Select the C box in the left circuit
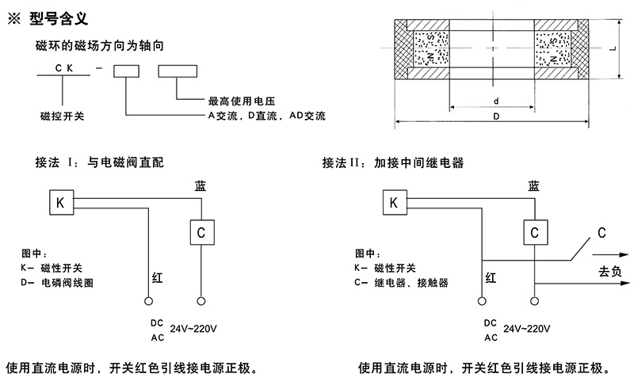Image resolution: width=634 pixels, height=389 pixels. coord(201,232)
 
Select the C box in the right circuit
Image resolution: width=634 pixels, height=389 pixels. coord(535,232)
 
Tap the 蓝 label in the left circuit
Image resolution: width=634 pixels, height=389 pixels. coord(201,185)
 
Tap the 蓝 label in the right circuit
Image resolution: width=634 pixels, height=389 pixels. coord(535,185)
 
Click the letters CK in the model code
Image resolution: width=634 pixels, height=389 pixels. coord(64,69)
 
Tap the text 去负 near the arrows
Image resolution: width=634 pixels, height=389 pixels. coord(609,271)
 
